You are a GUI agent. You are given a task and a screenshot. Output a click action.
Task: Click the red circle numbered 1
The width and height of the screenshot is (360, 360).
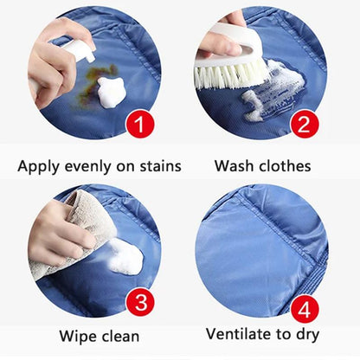(143, 123)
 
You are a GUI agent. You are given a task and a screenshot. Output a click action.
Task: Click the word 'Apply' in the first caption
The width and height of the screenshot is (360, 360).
(40, 165)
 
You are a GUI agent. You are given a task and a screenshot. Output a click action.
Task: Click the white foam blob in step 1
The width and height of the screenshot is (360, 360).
(110, 92)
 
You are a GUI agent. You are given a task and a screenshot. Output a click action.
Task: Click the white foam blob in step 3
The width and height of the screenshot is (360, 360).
(124, 258)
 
